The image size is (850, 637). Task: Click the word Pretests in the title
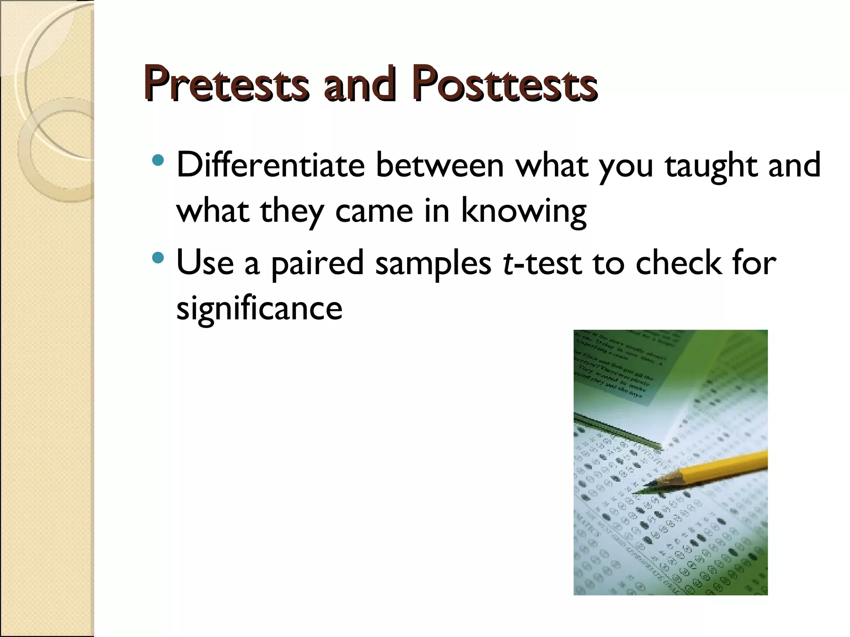226,85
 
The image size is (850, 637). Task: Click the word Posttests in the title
504,85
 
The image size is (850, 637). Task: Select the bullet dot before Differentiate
158,160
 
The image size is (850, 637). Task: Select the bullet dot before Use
158,258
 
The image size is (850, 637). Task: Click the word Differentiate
271,165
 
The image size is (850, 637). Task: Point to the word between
440,165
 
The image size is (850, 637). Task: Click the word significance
259,309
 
